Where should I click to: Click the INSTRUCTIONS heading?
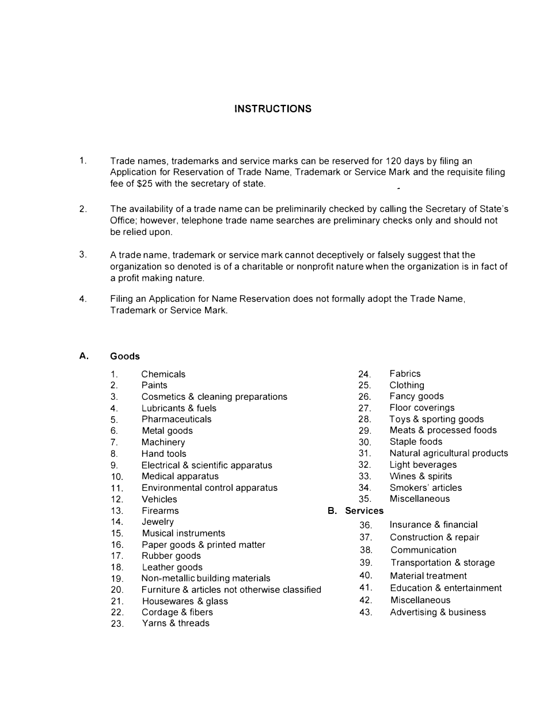[x=273, y=109]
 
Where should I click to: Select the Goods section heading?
[x=125, y=356]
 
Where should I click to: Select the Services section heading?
[x=364, y=510]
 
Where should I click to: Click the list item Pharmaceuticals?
[x=176, y=419]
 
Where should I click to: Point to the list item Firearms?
[x=160, y=510]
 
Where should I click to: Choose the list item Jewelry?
[x=157, y=522]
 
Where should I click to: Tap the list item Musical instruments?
[x=183, y=534]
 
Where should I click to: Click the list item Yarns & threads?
[x=176, y=623]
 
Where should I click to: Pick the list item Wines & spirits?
[x=420, y=476]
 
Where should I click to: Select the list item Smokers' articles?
[x=426, y=488]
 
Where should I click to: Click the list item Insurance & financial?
[x=433, y=525]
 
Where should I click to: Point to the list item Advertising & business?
[x=438, y=612]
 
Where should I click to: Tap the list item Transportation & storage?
[x=442, y=563]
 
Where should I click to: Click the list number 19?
[x=117, y=578]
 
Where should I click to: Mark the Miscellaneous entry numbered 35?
[x=419, y=499]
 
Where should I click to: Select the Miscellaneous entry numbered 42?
[x=420, y=600]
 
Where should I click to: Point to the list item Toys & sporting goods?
[x=436, y=419]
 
